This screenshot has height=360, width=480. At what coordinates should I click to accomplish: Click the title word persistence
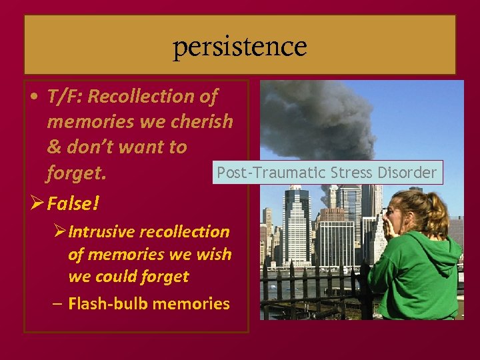point(240,46)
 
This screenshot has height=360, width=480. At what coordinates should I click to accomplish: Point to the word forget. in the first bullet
point(76,173)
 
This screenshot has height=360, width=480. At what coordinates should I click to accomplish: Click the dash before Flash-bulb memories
point(58,304)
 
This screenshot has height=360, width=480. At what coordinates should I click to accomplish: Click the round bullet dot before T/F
point(33,97)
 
